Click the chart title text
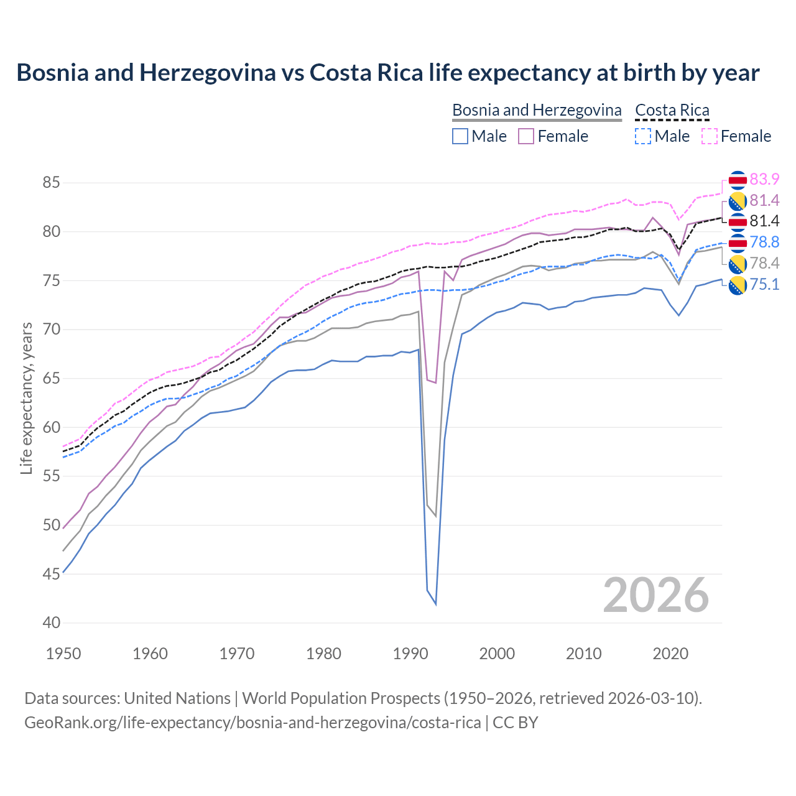[x=387, y=73]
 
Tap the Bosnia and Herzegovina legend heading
[x=537, y=110]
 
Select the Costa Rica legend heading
[x=672, y=110]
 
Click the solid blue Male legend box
[x=460, y=136]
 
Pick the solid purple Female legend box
[x=526, y=136]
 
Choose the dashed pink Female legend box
[x=710, y=136]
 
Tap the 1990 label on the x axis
[x=410, y=654]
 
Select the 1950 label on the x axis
[x=63, y=654]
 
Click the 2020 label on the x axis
[x=670, y=654]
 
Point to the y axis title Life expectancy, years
[x=26, y=398]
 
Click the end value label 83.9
[x=764, y=179]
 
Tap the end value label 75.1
[x=764, y=284]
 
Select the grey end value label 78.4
[x=764, y=263]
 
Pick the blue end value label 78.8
[x=764, y=242]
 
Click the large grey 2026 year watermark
[x=655, y=595]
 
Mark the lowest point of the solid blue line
[x=435, y=604]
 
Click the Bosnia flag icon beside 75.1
[x=738, y=285]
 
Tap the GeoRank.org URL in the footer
[x=252, y=723]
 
